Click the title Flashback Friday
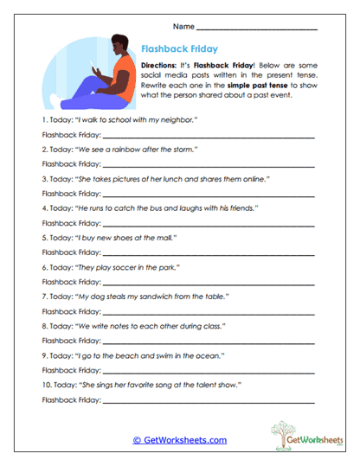pyautogui.click(x=178, y=49)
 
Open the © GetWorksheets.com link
pyautogui.click(x=179, y=440)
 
